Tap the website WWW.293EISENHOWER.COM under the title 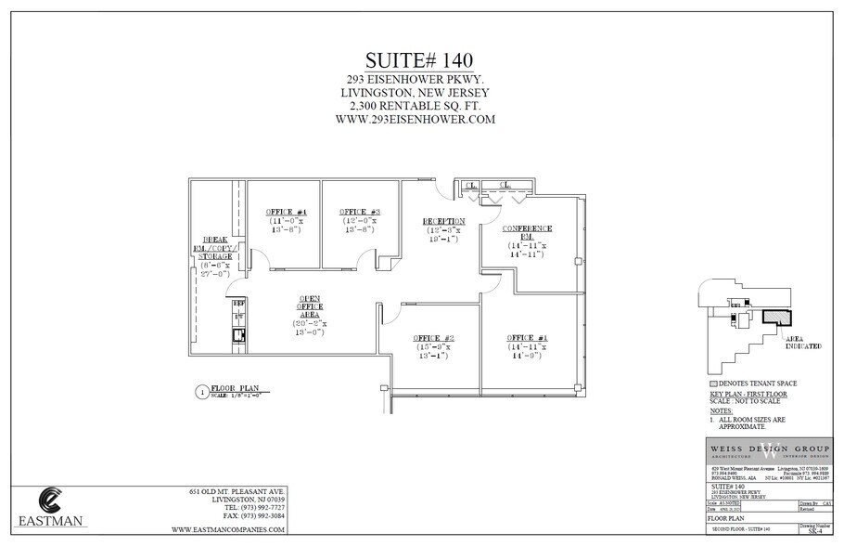point(420,119)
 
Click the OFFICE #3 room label point(360,212)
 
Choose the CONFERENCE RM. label point(527,228)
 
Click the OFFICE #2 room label point(434,337)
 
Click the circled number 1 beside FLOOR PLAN point(198,392)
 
